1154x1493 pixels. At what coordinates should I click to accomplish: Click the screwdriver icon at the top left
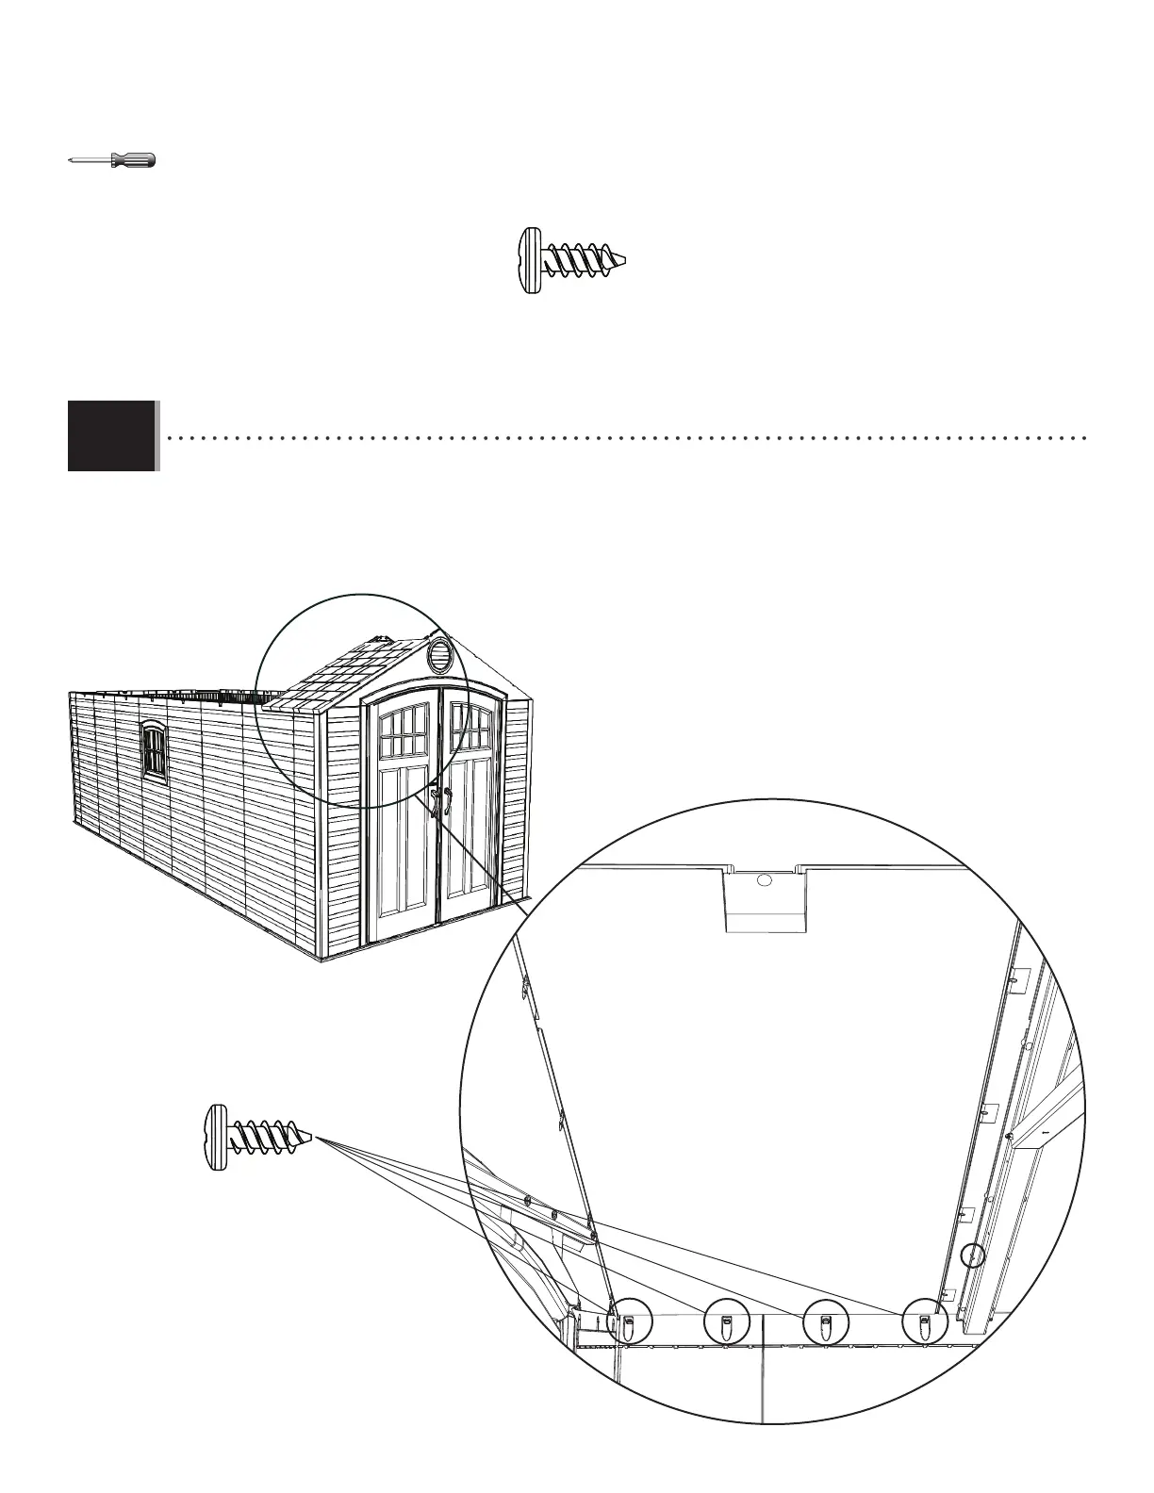[x=112, y=161]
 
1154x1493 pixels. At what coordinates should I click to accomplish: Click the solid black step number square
[x=110, y=435]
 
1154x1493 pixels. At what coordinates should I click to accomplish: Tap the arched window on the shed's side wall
[x=153, y=751]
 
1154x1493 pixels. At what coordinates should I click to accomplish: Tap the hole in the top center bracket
[x=765, y=880]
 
